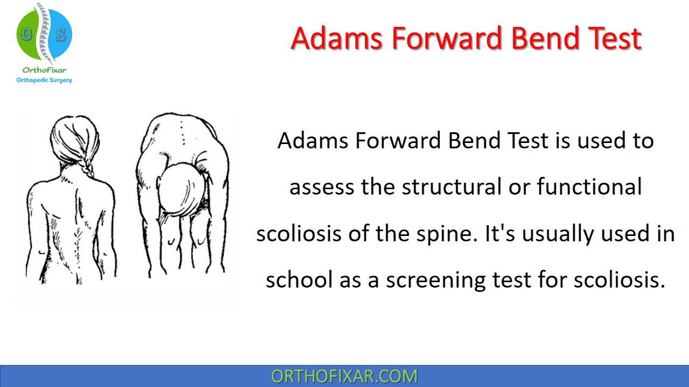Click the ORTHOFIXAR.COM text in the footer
pos(344,376)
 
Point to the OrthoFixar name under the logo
pos(44,70)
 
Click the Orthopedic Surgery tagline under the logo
pos(44,80)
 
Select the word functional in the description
pos(589,187)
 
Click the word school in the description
pos(299,280)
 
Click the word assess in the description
pos(322,188)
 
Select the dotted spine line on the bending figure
pos(182,133)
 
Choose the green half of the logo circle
pos(27,34)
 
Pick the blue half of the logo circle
pos(61,34)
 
